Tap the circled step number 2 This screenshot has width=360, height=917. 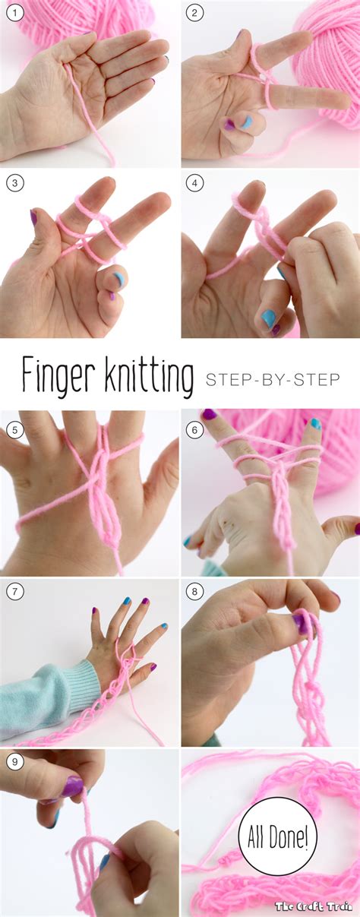[195, 13]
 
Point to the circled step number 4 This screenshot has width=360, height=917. [195, 183]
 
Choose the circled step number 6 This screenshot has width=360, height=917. [195, 429]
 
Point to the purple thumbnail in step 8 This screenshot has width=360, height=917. [302, 624]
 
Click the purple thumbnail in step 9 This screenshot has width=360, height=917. [73, 786]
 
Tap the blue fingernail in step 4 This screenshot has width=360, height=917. [269, 318]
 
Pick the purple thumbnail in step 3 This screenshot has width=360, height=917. [33, 217]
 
